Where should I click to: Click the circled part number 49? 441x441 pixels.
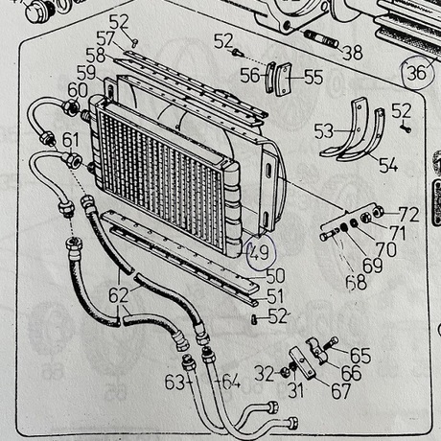(x=260, y=252)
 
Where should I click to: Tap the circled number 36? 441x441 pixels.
(x=417, y=72)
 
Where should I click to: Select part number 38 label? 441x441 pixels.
(x=353, y=53)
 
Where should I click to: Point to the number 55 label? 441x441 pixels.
(x=313, y=77)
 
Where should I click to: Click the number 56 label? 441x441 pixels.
(x=250, y=76)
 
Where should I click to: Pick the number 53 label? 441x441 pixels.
(x=324, y=131)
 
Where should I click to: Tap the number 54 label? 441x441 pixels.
(x=388, y=165)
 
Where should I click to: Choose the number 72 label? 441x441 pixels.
(x=408, y=215)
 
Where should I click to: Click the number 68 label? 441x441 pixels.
(x=357, y=282)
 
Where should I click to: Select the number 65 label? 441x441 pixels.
(x=360, y=356)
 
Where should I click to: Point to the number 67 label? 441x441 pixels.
(x=341, y=391)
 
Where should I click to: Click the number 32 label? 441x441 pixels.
(x=265, y=374)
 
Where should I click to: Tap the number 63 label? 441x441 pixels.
(x=174, y=382)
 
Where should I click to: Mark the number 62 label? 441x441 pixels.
(x=119, y=295)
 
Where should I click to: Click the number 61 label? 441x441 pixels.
(x=70, y=140)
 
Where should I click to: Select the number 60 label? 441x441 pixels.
(x=78, y=90)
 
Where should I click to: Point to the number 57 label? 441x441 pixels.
(x=105, y=39)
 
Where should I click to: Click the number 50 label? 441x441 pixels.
(x=275, y=276)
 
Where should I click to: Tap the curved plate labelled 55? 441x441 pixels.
(x=284, y=79)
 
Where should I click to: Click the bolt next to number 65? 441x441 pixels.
(x=331, y=343)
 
